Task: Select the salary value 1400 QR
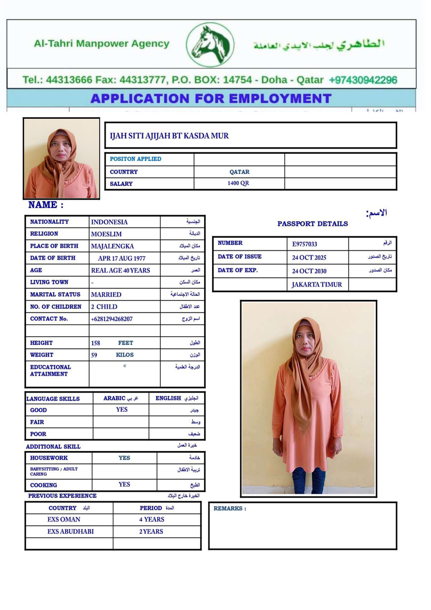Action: pos(238,183)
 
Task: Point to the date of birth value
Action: pos(122,258)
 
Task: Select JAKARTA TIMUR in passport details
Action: pos(316,285)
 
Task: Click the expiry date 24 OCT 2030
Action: pos(309,271)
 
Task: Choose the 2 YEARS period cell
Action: pos(151,531)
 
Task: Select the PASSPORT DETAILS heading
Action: pos(312,224)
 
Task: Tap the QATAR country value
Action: pos(239,172)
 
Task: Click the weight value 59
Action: pos(94,355)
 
